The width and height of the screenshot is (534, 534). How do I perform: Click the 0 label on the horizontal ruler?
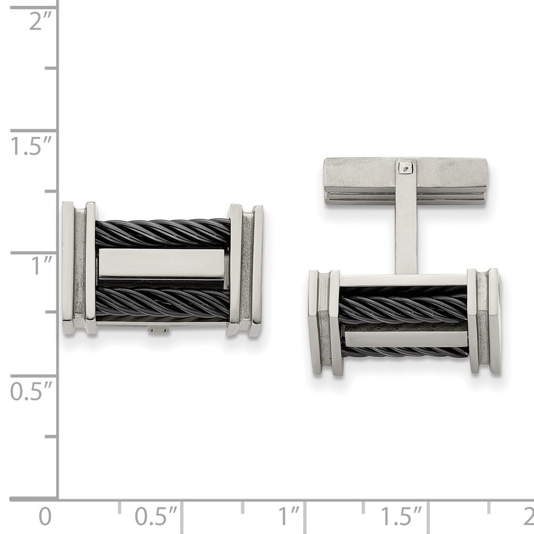tap(46, 517)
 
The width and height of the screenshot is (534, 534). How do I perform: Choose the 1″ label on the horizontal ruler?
tap(291, 517)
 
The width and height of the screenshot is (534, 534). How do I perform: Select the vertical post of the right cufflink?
tap(407, 230)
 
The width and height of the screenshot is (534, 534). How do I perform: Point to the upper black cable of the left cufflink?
tap(163, 233)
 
